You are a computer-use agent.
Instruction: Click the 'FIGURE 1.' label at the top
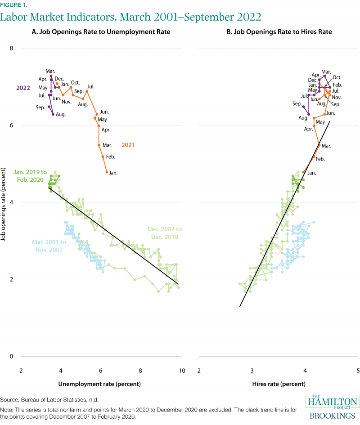click(x=13, y=5)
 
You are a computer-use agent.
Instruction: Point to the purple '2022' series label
click(x=23, y=88)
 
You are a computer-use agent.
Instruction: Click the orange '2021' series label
click(x=128, y=145)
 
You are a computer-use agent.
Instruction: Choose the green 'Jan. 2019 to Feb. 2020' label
click(x=28, y=176)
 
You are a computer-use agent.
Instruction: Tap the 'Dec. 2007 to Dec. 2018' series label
click(x=163, y=233)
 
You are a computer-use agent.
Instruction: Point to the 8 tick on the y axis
click(x=12, y=49)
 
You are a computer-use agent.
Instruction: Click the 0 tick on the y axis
click(x=12, y=357)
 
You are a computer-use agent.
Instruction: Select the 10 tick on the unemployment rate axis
click(x=182, y=371)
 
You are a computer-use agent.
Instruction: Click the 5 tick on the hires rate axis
click(x=358, y=371)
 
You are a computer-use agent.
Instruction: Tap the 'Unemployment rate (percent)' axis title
click(x=99, y=384)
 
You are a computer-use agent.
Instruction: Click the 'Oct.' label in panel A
click(x=75, y=82)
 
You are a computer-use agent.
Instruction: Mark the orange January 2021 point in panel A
click(x=107, y=172)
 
